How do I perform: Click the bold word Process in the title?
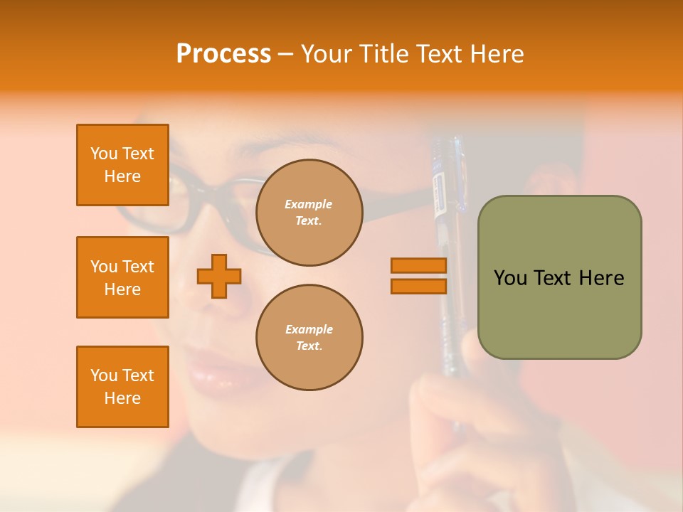pos(223,54)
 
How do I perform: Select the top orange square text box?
pos(122,165)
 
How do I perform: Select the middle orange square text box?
pos(122,277)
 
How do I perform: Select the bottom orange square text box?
pos(122,387)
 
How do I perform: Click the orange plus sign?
pos(219,276)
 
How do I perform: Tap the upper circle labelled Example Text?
pos(309,213)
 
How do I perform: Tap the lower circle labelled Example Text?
pos(309,338)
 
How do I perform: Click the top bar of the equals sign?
pos(418,266)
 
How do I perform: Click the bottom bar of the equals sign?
pos(418,286)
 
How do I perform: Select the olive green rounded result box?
pos(559,277)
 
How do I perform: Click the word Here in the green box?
pos(601,278)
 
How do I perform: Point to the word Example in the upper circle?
pos(309,204)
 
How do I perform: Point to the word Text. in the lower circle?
pos(309,346)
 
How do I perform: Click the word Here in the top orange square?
pos(122,176)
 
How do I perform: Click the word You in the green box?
pos(510,278)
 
